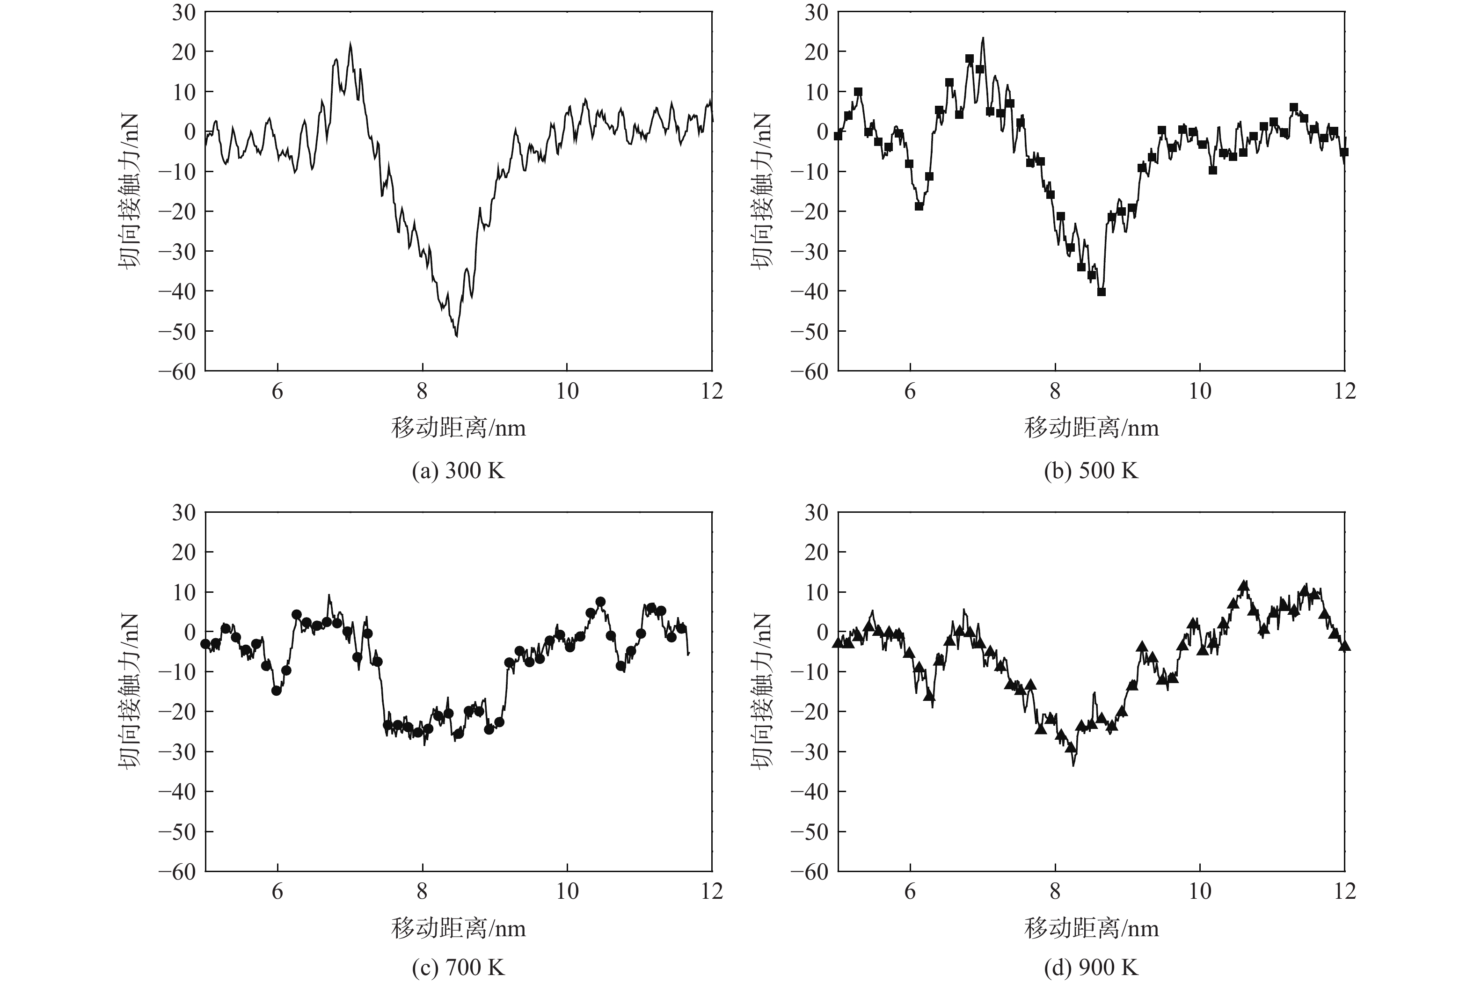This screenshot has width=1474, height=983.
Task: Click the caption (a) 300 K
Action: click(458, 470)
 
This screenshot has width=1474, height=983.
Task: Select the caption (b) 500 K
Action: click(1091, 470)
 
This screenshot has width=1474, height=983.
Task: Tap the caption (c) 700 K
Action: click(458, 968)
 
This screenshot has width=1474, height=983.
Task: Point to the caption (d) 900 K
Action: click(1091, 968)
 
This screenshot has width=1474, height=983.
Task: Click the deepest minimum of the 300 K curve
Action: click(456, 336)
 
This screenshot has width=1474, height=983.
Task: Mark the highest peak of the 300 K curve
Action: click(350, 44)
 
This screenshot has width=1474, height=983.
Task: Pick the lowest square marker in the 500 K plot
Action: click(1101, 291)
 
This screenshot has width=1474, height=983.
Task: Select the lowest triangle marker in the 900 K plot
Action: click(1071, 747)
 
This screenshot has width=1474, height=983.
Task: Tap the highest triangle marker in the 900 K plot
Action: click(1244, 584)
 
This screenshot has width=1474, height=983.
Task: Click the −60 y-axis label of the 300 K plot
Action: click(177, 371)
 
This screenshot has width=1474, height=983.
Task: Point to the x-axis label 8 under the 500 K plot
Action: click(1055, 392)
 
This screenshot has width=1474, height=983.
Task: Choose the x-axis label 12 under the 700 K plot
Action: click(712, 891)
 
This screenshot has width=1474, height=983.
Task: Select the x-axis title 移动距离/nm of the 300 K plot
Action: click(458, 428)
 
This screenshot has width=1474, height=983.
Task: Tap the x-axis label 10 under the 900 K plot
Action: click(1200, 891)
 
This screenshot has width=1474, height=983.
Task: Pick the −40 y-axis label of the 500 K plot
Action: click(810, 291)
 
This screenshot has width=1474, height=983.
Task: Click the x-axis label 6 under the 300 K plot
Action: click(277, 392)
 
